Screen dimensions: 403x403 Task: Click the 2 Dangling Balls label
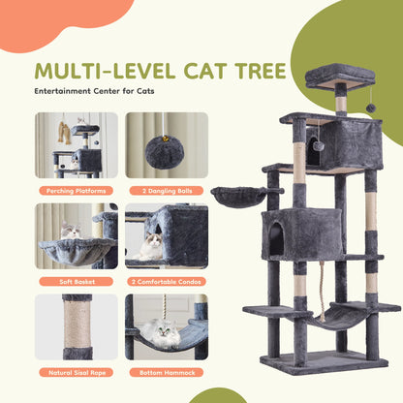click(x=167, y=190)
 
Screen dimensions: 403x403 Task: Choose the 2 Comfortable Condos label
click(x=167, y=281)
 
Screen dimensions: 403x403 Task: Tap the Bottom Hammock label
click(x=167, y=372)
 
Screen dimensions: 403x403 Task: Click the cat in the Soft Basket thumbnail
click(x=70, y=232)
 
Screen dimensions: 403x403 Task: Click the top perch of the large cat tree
click(x=339, y=73)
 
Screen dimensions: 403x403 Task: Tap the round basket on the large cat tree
click(x=236, y=197)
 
